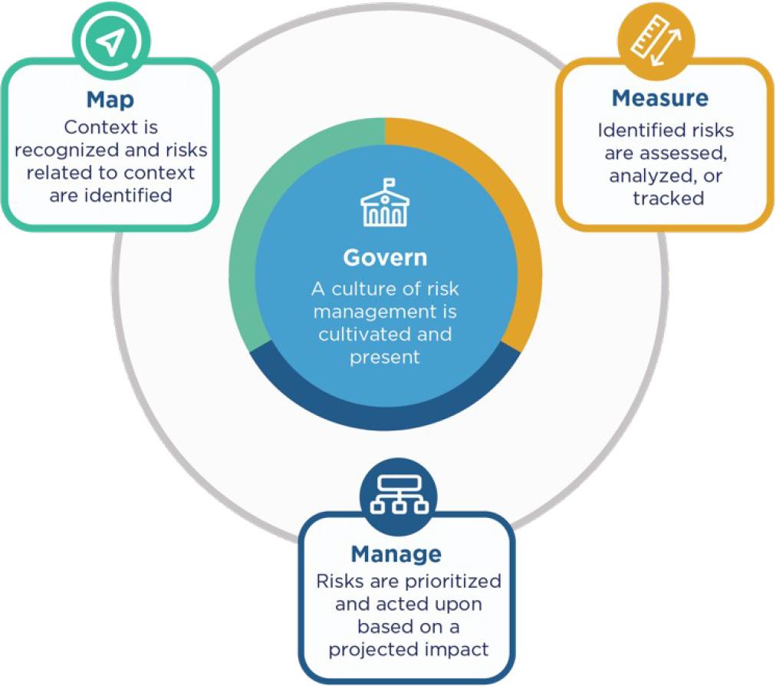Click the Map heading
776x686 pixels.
[x=111, y=100]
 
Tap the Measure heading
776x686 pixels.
[x=659, y=98]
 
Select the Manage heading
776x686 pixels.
[x=396, y=553]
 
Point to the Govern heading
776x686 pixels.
[x=385, y=258]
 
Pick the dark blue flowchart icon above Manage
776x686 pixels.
[x=396, y=497]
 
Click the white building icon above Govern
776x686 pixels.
[x=385, y=204]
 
